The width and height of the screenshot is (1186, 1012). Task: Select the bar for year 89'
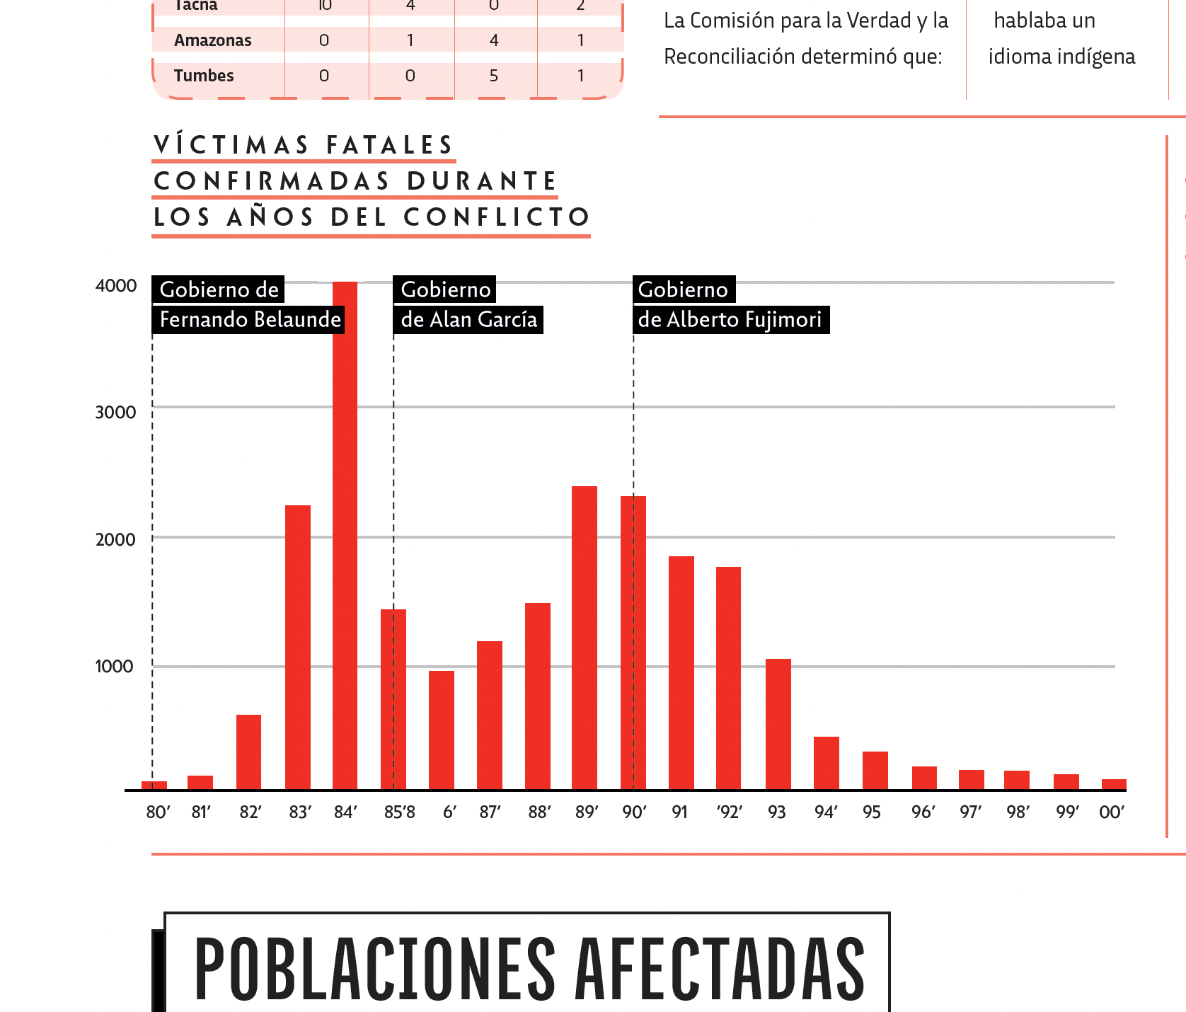pyautogui.click(x=585, y=638)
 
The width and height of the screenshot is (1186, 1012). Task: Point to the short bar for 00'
pyautogui.click(x=1114, y=784)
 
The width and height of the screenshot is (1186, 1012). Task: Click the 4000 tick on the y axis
pyautogui.click(x=116, y=286)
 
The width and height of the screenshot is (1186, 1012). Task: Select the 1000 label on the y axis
pyautogui.click(x=114, y=667)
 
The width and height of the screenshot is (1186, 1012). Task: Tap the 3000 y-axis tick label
pyautogui.click(x=115, y=413)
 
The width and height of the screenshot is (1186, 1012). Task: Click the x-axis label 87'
pyautogui.click(x=490, y=812)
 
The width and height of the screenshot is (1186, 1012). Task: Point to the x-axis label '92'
pyautogui.click(x=729, y=812)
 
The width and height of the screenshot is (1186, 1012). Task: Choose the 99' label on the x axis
pyautogui.click(x=1067, y=812)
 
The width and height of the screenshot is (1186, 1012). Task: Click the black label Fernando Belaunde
pyautogui.click(x=250, y=320)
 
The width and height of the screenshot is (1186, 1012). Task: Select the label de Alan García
pyautogui.click(x=468, y=320)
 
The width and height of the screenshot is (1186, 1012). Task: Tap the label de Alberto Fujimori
pyautogui.click(x=730, y=320)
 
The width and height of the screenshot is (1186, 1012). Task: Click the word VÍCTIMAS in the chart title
pyautogui.click(x=231, y=145)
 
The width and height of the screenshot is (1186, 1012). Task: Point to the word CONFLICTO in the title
pyautogui.click(x=497, y=217)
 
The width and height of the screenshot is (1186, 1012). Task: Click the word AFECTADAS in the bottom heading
pyautogui.click(x=720, y=970)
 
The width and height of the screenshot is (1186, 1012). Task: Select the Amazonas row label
pyautogui.click(x=213, y=40)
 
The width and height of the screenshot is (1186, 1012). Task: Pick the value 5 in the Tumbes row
pyautogui.click(x=494, y=76)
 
